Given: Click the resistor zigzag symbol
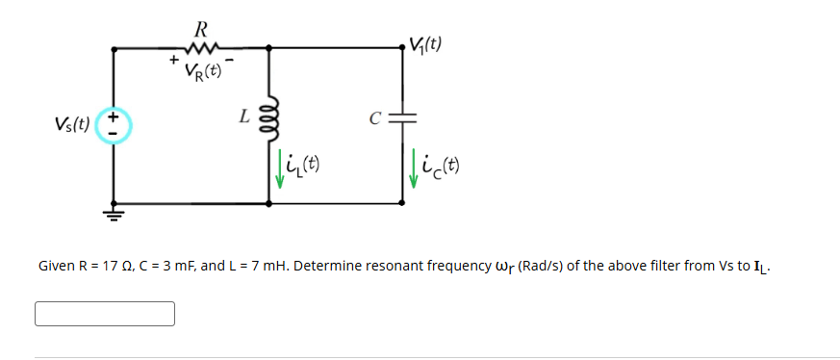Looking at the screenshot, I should [203, 45].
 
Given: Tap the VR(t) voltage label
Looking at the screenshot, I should [203, 69].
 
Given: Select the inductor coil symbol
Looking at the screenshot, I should [268, 120].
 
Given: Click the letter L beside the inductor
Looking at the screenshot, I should [245, 117].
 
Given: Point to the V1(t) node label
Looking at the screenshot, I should [425, 44].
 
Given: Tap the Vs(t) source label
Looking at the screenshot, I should [73, 124].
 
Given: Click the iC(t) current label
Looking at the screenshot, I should [442, 167].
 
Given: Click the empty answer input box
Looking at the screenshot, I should [105, 314].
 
